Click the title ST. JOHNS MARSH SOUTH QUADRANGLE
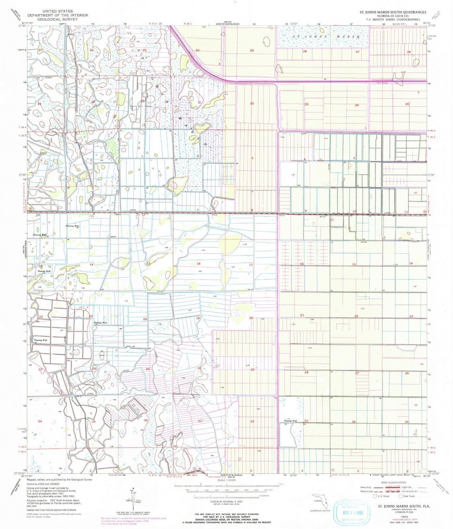pyautogui.click(x=393, y=12)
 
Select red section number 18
pyautogui.click(x=199, y=264)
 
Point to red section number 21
pyautogui.click(x=302, y=315)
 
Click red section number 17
pyautogui.click(x=251, y=265)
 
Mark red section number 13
pyautogui.click(x=148, y=264)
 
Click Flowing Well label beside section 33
pyautogui.click(x=290, y=421)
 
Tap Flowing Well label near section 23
pyautogui.click(x=100, y=322)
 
